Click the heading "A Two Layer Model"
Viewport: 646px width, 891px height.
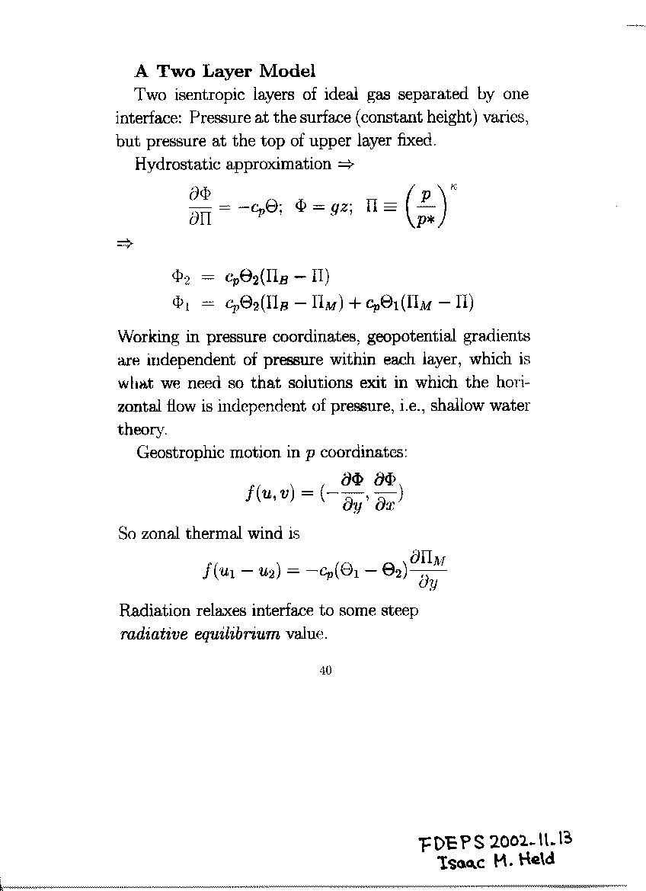point(225,72)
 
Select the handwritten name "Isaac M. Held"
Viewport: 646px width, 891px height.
point(496,861)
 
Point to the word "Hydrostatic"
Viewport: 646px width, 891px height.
point(171,164)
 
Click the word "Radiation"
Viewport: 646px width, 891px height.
point(152,611)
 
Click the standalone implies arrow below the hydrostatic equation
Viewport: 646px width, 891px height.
point(125,244)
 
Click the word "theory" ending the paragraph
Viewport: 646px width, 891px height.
point(139,430)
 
